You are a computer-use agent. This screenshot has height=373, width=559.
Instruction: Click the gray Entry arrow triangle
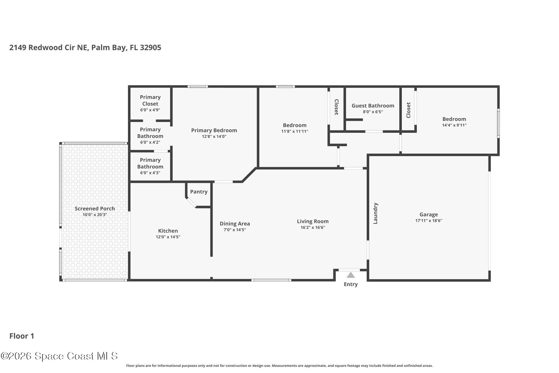(x=350, y=275)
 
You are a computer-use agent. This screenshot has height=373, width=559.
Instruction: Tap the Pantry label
(x=199, y=192)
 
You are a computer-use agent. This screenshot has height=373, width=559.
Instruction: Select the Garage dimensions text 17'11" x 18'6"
(x=429, y=221)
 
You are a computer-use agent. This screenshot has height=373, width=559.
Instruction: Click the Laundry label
(x=375, y=213)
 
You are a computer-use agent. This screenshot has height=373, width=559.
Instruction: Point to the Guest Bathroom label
(x=373, y=105)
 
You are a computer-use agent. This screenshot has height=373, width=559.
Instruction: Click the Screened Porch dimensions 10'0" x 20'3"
(x=95, y=215)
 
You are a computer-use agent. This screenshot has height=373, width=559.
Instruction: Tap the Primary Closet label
(x=150, y=100)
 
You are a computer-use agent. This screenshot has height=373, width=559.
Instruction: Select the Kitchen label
(x=168, y=231)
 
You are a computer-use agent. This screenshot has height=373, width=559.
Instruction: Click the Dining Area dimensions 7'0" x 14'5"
(x=235, y=230)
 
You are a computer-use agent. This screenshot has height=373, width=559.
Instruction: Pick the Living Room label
(x=313, y=221)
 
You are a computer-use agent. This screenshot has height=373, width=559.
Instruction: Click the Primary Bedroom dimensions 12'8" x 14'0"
(x=214, y=136)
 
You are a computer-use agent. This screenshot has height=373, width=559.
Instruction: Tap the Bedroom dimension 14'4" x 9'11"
(x=454, y=125)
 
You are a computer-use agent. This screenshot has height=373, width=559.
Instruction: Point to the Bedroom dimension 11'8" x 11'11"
(x=295, y=131)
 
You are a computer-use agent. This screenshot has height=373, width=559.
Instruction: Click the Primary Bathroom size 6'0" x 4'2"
(x=150, y=142)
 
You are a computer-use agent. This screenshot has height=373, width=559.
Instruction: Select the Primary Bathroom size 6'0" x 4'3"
(x=150, y=173)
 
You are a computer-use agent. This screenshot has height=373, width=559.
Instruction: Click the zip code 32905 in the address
(x=150, y=48)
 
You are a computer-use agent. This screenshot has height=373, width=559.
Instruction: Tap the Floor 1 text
(x=22, y=336)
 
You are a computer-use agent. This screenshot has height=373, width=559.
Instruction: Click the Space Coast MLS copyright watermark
(x=59, y=356)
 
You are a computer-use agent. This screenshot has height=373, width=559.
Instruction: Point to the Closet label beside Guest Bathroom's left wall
(x=336, y=107)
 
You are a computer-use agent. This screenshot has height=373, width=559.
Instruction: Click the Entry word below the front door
(x=350, y=284)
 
